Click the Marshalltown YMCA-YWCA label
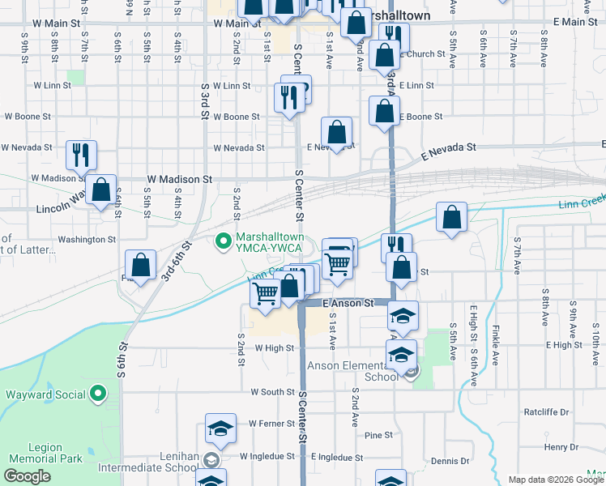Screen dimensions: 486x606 [x=270, y=243]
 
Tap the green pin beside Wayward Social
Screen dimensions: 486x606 [x=99, y=394]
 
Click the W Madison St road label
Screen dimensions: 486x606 [x=179, y=178]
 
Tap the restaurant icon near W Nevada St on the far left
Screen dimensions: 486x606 [x=81, y=154]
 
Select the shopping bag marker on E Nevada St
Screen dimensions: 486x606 [x=336, y=132]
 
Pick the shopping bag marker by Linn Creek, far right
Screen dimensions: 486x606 [x=451, y=216]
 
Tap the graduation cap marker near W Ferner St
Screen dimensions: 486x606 [x=220, y=428]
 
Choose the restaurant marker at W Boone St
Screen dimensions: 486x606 [x=289, y=97]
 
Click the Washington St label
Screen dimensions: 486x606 [x=87, y=240]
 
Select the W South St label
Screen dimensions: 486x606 [x=272, y=391]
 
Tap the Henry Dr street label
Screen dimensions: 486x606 [x=557, y=447]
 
